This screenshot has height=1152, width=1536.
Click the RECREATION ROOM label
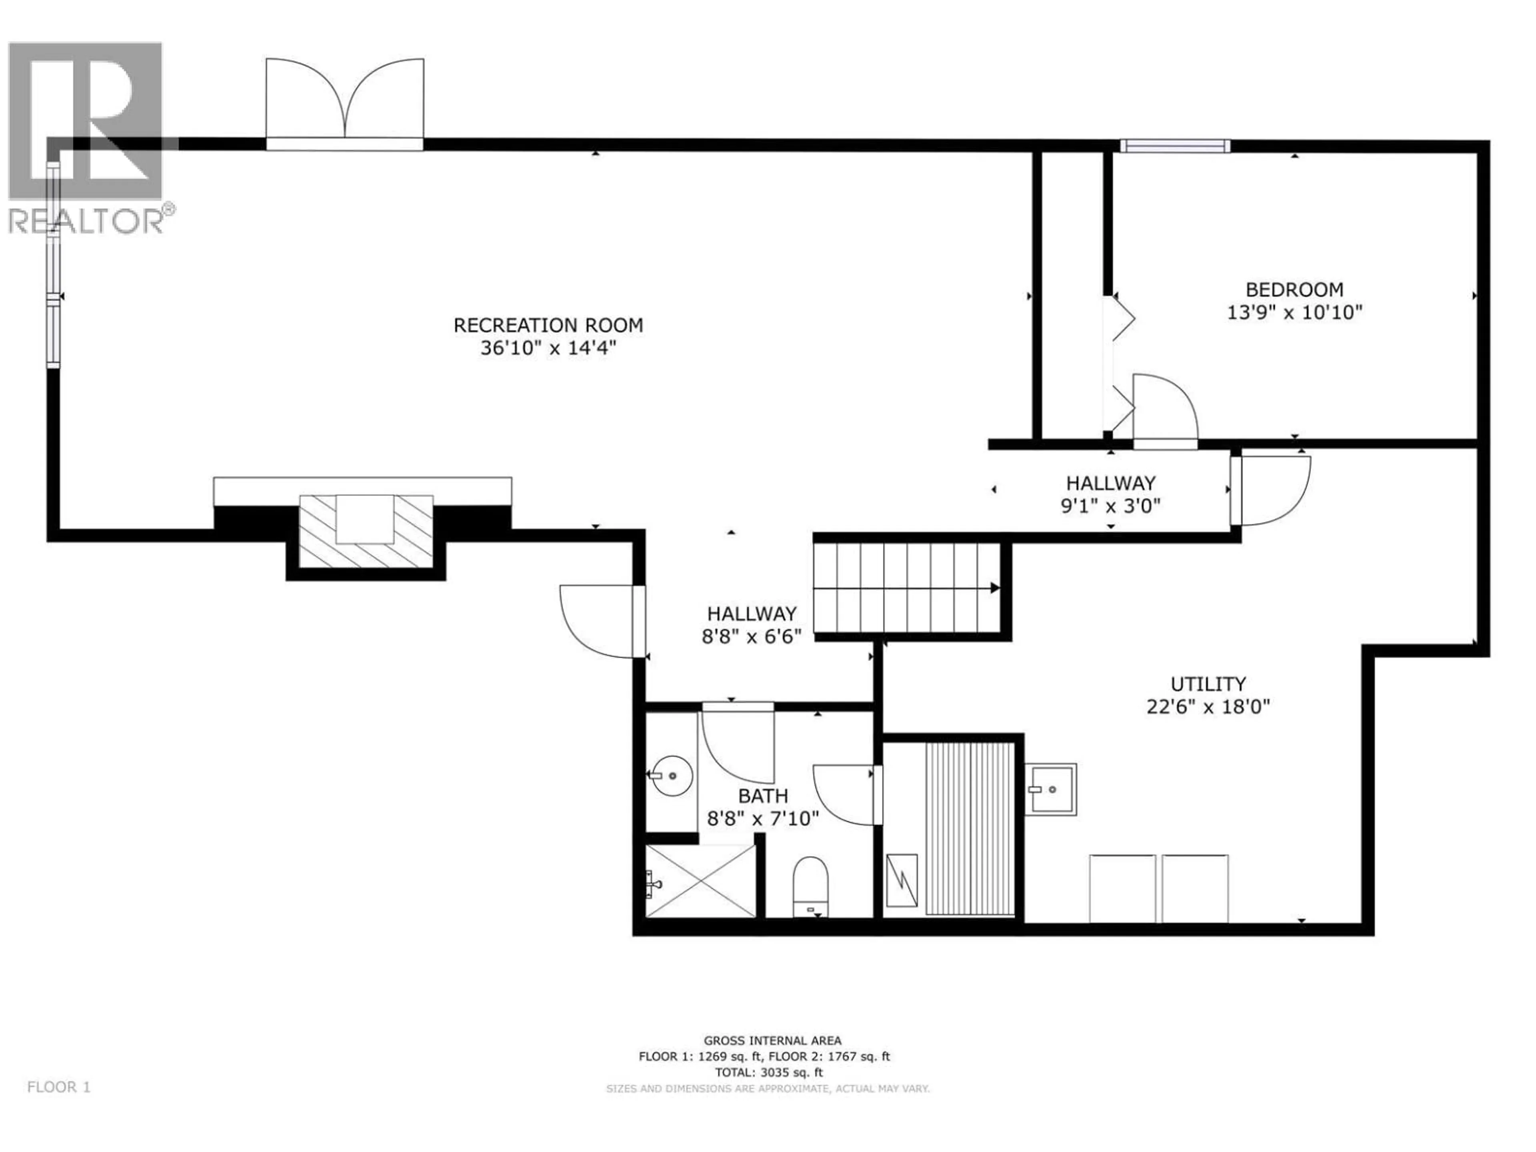click(548, 325)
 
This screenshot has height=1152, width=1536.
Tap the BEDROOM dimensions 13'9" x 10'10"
click(1294, 312)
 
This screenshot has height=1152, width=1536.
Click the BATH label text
click(762, 796)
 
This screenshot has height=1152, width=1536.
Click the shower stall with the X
click(701, 880)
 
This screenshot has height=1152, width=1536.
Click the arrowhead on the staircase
click(994, 588)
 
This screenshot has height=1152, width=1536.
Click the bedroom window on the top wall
click(1174, 146)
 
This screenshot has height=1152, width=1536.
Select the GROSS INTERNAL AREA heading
click(772, 1041)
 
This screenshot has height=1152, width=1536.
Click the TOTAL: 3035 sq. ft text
click(769, 1073)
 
